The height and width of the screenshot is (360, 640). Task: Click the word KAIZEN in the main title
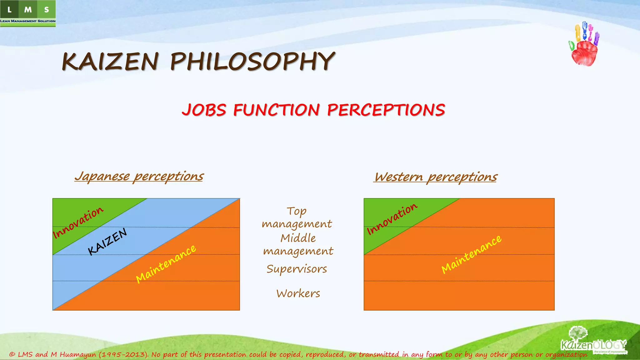point(110,61)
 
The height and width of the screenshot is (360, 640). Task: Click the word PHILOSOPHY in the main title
point(252,61)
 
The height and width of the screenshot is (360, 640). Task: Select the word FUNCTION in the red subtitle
point(277,110)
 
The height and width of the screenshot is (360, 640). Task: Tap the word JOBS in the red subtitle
point(204,110)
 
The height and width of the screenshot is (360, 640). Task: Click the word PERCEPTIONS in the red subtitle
point(386,110)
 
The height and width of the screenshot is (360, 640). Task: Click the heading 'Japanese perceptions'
point(139,177)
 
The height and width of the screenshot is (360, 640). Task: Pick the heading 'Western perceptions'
point(435,177)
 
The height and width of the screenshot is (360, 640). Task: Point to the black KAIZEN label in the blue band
point(107,241)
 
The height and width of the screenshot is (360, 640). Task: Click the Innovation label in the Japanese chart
point(78,222)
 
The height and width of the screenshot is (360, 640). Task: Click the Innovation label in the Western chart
point(392,219)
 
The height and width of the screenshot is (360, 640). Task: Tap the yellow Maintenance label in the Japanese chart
point(166,264)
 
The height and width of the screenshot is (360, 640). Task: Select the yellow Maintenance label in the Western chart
point(471,254)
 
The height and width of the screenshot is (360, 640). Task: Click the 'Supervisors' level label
point(297,269)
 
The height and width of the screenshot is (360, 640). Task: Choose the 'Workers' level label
point(298,293)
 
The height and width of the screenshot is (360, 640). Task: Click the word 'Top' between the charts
point(297,212)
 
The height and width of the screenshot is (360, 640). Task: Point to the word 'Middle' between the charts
point(298,238)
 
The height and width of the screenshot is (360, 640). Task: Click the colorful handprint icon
point(584,44)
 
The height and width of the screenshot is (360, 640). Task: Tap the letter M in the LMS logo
point(28,10)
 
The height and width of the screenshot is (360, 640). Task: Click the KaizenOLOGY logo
point(593,342)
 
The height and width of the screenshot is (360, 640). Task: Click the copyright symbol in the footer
point(12,354)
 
